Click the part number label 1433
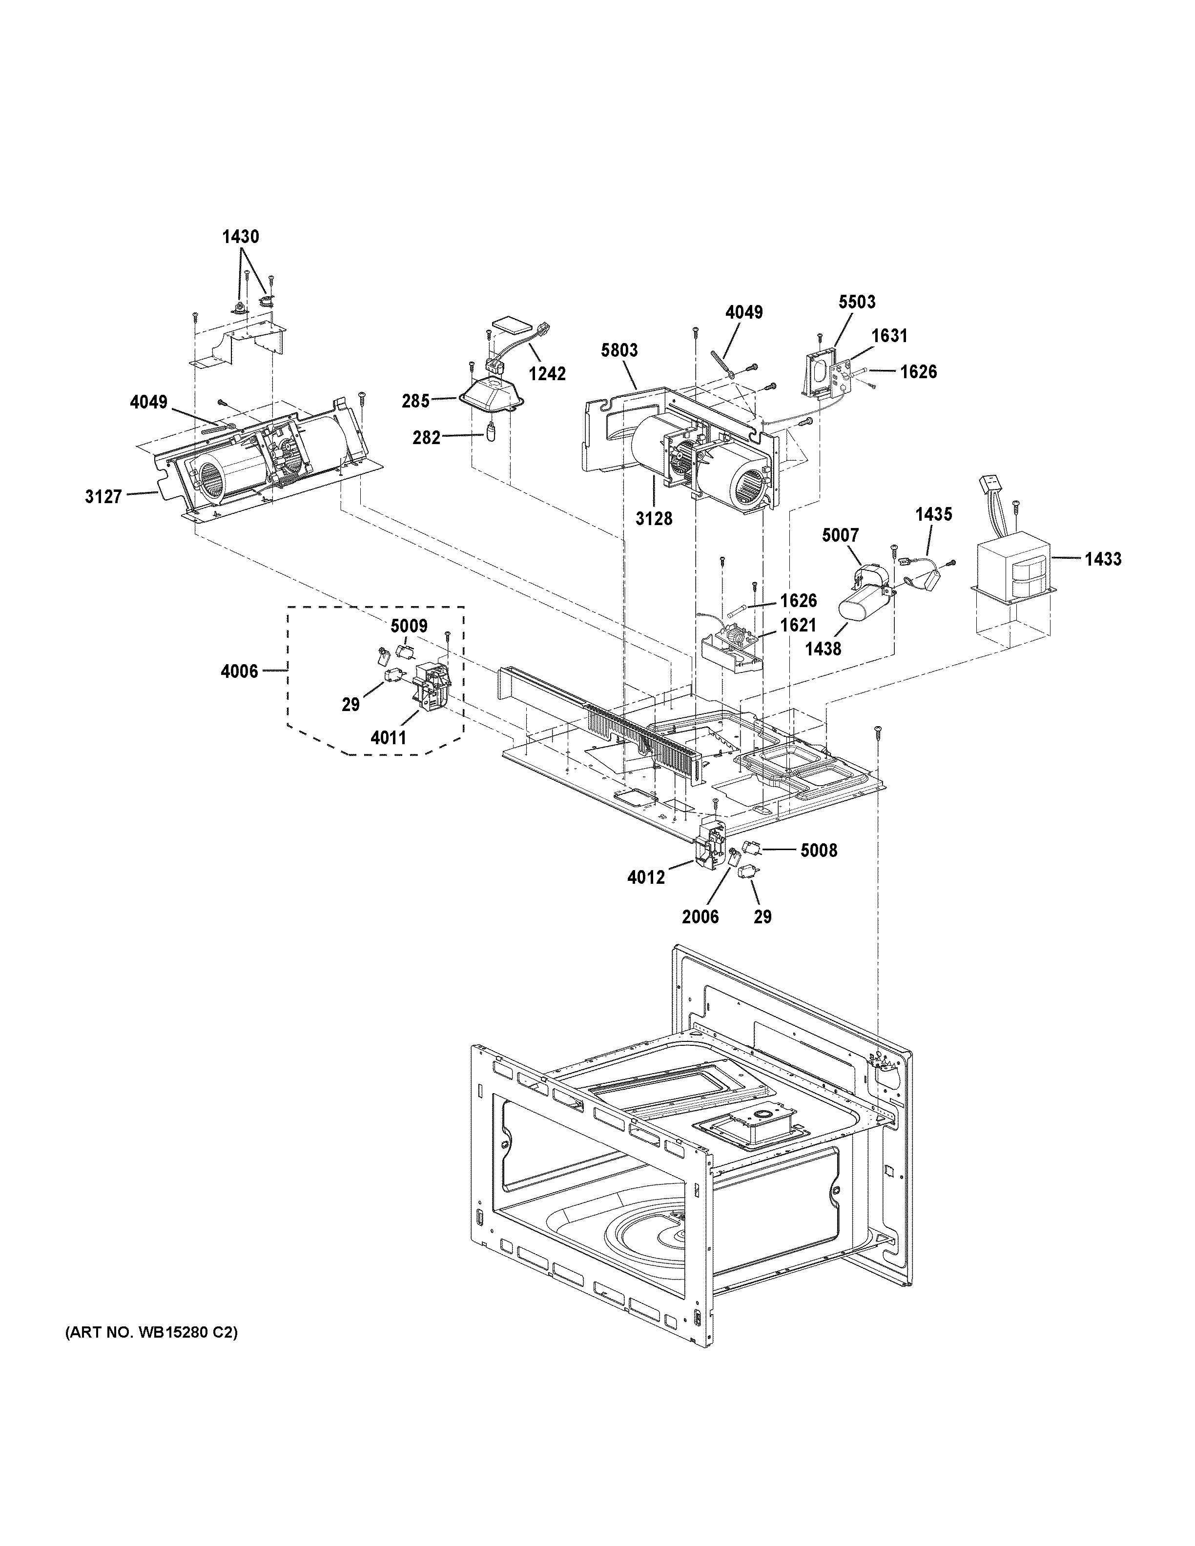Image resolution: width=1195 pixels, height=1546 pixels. (1103, 559)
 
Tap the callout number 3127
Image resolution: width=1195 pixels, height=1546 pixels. (104, 496)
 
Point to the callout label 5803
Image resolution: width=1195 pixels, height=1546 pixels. (619, 350)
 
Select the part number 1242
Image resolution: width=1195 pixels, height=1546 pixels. (547, 374)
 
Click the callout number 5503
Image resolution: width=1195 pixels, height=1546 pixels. (857, 302)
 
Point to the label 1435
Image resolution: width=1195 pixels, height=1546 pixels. (934, 515)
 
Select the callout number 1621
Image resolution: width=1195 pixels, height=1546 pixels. (798, 625)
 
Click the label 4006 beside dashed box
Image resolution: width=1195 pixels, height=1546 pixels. (239, 671)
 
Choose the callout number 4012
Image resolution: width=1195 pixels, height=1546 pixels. (646, 877)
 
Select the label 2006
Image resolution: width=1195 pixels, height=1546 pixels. (700, 916)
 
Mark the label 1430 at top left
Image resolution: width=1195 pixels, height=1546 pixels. (241, 237)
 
